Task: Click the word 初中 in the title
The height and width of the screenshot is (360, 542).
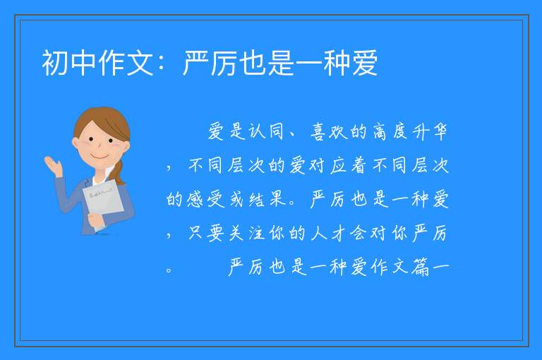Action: [68, 63]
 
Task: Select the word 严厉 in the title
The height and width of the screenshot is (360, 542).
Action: [210, 63]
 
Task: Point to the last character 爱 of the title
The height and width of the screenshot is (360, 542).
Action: [365, 63]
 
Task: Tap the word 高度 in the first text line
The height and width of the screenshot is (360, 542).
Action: [390, 131]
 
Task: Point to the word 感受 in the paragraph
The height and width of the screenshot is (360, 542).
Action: [206, 199]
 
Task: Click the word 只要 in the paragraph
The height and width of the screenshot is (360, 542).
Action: [206, 233]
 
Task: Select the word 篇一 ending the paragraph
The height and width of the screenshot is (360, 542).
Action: [430, 267]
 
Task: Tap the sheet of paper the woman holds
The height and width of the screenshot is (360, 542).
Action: [103, 203]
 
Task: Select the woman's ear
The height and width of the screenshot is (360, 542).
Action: [76, 143]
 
